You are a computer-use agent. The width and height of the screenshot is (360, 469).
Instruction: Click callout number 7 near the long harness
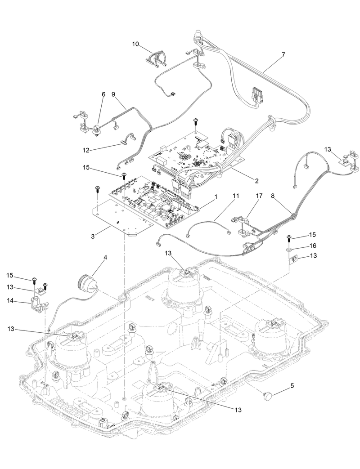click(283, 54)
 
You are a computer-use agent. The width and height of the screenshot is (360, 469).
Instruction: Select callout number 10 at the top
click(135, 44)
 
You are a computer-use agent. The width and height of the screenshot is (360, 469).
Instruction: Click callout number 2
click(256, 181)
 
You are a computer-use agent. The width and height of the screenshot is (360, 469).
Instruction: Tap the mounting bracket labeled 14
click(39, 306)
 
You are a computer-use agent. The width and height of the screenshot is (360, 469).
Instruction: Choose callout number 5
click(293, 385)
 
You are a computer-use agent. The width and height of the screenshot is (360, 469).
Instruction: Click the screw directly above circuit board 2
click(196, 121)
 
